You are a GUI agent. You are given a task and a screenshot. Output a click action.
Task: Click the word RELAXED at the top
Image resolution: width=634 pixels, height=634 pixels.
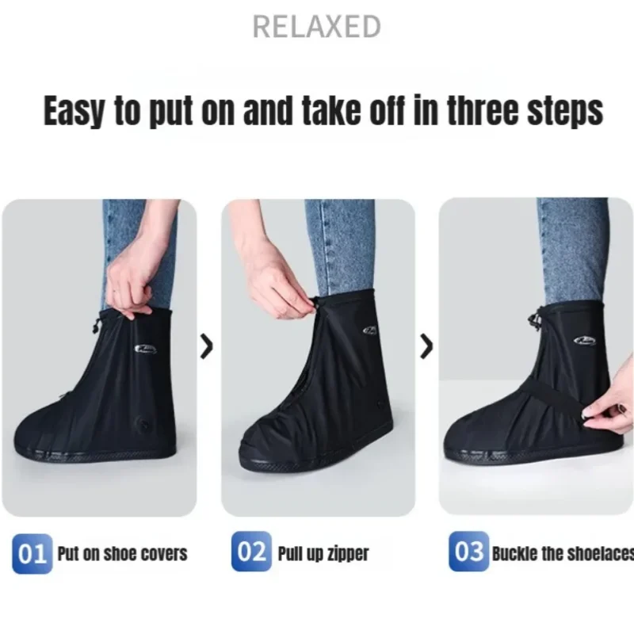pos(316,27)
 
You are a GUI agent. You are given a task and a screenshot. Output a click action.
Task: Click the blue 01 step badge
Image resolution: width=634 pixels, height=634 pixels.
pos(32,553)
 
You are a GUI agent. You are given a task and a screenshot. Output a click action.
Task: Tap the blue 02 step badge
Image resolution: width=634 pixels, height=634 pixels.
pos(251,551)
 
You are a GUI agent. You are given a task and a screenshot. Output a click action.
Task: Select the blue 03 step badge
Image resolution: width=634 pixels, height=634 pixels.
pos(469,551)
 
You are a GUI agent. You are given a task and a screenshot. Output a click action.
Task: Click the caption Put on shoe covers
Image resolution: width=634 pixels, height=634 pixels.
pos(123,554)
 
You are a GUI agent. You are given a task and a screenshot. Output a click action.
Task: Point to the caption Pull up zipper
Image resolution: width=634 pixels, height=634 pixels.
pos(323,553)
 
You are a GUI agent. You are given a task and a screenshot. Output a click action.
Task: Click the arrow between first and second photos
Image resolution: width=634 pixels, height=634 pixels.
pos(207,346)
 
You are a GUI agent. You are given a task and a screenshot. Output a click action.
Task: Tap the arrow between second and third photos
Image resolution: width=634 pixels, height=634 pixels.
pos(426,346)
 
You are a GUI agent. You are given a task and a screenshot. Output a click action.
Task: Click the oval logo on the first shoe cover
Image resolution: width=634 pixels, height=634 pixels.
pos(146,349)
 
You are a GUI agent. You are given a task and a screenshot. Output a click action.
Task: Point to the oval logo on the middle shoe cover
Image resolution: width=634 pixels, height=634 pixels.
pos(370,330)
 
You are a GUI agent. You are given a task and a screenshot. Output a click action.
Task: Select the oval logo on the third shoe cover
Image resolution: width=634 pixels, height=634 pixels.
pos(585,342)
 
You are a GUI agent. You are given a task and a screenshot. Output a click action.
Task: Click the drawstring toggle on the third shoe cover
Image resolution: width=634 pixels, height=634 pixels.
pos(535,322)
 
